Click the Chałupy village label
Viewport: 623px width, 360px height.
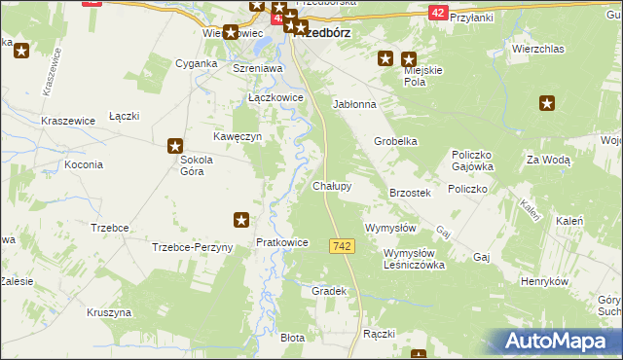332,185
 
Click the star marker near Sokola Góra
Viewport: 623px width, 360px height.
175,147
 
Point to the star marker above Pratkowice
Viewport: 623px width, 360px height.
241,220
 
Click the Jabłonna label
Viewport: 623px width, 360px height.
354,103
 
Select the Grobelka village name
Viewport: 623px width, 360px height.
396,141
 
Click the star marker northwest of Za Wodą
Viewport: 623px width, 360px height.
546,102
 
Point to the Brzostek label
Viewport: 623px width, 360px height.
410,194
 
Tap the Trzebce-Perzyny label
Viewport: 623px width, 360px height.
193,247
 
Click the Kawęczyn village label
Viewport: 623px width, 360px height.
238,137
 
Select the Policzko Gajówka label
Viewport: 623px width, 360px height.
475,161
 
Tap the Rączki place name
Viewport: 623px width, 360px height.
379,334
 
